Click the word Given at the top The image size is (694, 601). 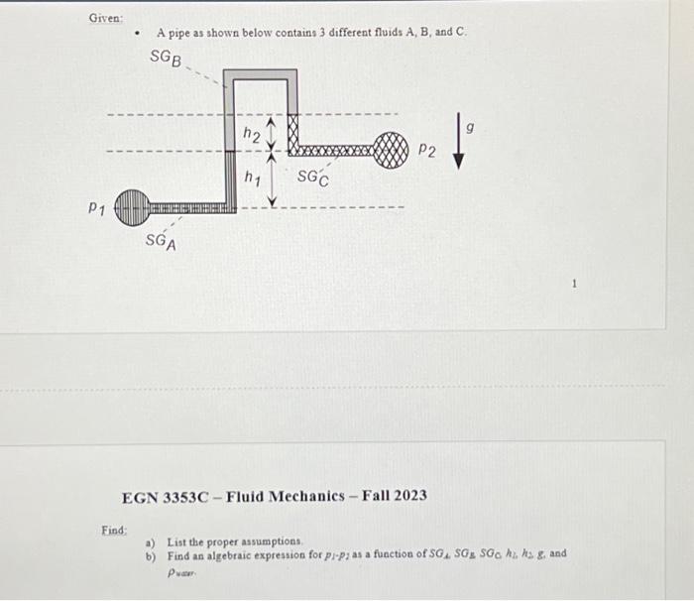tap(105, 18)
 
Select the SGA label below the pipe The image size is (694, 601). tap(162, 241)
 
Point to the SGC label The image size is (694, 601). tap(313, 179)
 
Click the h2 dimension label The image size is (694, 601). tap(252, 135)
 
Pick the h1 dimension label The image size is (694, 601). tap(252, 178)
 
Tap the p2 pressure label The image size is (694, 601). tap(426, 151)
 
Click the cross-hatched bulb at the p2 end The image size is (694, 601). tap(392, 152)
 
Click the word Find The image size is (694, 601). tap(114, 531)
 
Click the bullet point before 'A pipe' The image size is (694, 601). tap(138, 33)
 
